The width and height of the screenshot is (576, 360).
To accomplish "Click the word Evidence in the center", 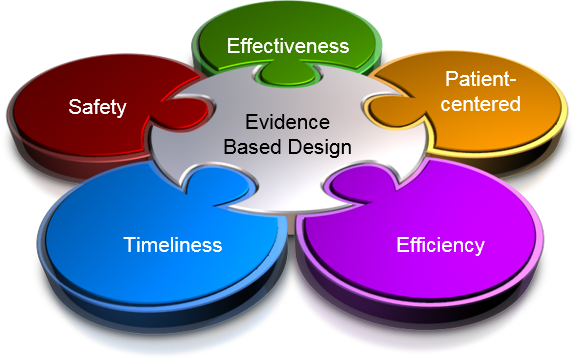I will (x=287, y=124).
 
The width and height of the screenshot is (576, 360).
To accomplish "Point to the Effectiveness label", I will (x=287, y=46).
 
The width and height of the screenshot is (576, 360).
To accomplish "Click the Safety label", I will (x=97, y=107).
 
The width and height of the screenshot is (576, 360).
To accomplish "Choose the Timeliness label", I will (x=173, y=244).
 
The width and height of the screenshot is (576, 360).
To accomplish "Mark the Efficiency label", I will (x=440, y=245).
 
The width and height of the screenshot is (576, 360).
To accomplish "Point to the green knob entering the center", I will (x=287, y=80).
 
